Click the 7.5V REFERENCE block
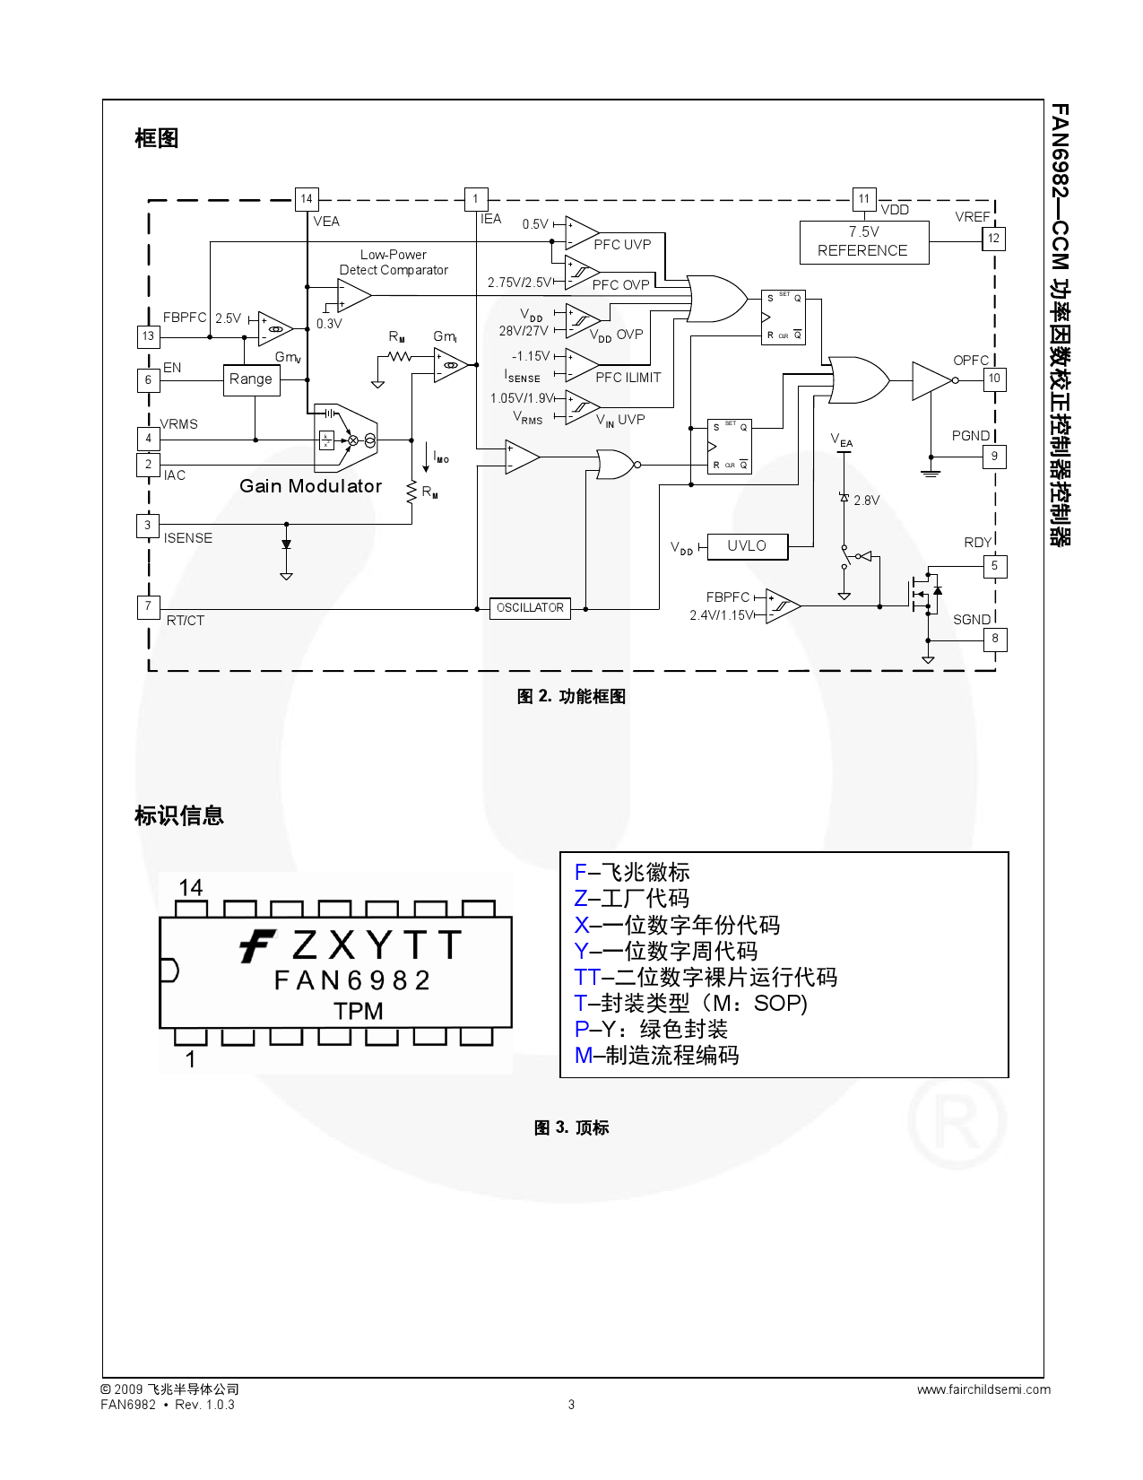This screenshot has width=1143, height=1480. [x=863, y=242]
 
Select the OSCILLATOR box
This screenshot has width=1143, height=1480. [x=530, y=608]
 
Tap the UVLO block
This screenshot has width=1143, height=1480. [x=747, y=546]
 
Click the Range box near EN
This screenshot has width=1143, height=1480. [x=251, y=379]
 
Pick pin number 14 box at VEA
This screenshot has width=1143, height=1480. [x=307, y=199]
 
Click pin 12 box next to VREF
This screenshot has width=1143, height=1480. [x=993, y=239]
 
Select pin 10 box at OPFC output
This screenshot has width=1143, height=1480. [x=993, y=379]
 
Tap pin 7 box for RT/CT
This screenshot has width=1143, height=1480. [x=148, y=606]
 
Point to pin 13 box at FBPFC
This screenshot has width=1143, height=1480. [x=148, y=336]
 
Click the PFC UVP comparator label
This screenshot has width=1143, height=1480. [x=622, y=244]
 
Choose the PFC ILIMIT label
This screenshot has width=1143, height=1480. [x=628, y=378]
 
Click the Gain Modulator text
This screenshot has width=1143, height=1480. [x=310, y=486]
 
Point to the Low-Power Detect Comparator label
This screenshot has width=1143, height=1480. [x=394, y=262]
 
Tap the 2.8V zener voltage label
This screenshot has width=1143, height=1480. [x=866, y=501]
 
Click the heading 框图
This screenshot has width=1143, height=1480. [x=157, y=138]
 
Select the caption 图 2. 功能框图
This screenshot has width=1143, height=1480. [x=571, y=697]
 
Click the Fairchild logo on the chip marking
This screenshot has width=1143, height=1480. [x=258, y=946]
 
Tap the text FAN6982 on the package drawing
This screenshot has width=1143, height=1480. [x=352, y=980]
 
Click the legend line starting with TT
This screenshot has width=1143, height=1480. [x=706, y=977]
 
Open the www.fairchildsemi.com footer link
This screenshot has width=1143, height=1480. [x=983, y=1389]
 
